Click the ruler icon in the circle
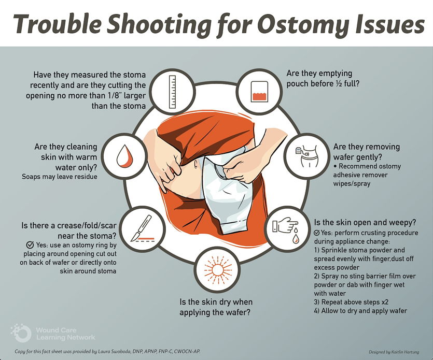(x=172, y=91)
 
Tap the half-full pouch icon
(x=260, y=91)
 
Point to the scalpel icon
(x=142, y=229)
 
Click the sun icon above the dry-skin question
(x=217, y=270)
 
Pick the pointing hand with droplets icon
(x=286, y=229)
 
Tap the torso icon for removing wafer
(x=307, y=156)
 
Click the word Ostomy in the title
(x=302, y=25)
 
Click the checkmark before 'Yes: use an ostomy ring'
(x=30, y=245)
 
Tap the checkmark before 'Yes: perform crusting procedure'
(x=317, y=233)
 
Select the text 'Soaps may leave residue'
(x=60, y=177)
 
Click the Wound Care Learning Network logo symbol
(x=21, y=333)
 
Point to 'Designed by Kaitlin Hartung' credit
(x=394, y=352)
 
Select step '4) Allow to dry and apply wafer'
(x=360, y=311)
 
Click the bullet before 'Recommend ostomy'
(x=335, y=166)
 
